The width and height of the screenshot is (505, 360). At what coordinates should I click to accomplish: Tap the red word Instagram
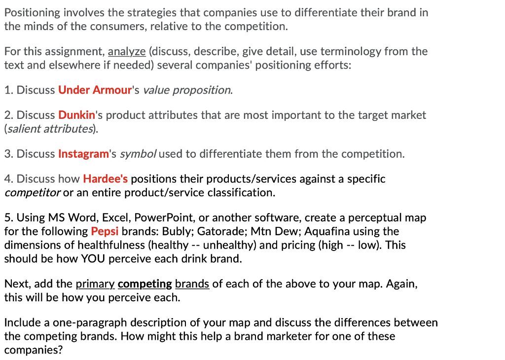pos(83,154)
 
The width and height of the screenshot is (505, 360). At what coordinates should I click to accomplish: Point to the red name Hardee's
pos(105,179)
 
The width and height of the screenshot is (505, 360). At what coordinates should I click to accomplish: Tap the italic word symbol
pos(140,154)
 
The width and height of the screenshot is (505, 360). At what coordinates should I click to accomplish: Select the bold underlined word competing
pos(145,284)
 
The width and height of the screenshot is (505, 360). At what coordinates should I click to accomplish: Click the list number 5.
pos(7,217)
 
